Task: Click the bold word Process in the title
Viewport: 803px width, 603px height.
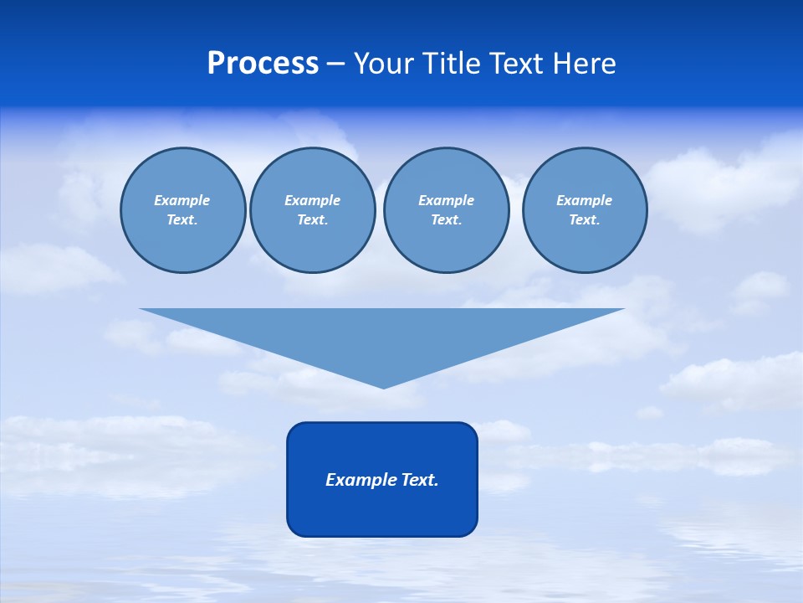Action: pos(263,64)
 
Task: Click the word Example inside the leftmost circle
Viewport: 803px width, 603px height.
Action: pos(182,200)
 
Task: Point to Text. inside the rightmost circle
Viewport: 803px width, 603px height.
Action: pos(584,219)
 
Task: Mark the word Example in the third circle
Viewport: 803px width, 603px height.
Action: pos(446,200)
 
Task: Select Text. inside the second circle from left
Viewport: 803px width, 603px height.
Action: pos(312,219)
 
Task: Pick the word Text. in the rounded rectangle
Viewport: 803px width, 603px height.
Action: pos(421,480)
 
